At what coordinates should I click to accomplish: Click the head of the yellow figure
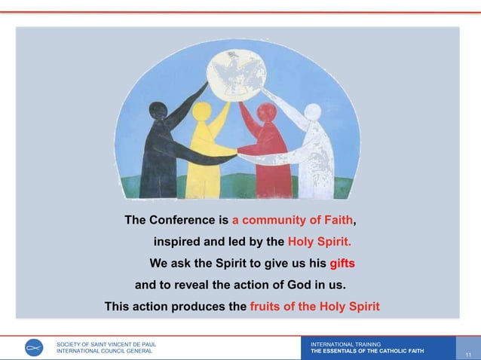[202, 111]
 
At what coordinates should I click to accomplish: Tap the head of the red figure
[267, 112]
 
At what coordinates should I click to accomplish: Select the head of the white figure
[312, 113]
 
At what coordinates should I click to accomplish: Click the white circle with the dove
[236, 74]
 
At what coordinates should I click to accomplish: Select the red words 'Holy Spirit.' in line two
[320, 243]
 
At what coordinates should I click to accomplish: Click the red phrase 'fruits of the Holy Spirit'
[314, 307]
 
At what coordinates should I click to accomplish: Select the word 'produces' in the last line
[220, 307]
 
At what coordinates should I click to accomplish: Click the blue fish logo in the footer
[34, 347]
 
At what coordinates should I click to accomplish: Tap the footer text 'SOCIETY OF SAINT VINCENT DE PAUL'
[107, 344]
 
